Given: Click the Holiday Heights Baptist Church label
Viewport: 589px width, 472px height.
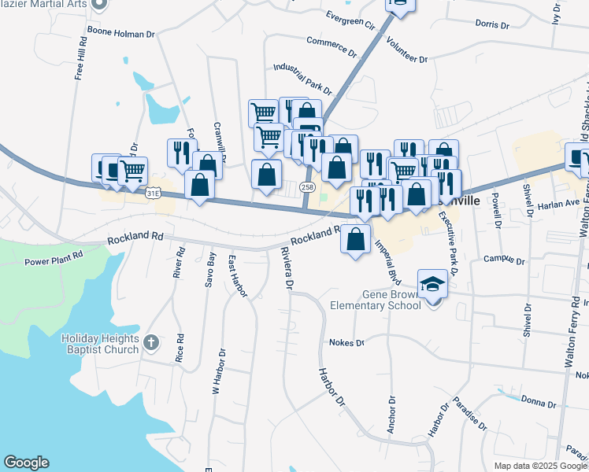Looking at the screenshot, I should (x=100, y=343).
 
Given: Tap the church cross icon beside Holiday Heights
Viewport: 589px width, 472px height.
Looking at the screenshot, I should (x=152, y=342).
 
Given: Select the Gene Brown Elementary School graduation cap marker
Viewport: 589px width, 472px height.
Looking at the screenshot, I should (x=432, y=283).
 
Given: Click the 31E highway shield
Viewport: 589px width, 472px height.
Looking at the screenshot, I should (x=154, y=191).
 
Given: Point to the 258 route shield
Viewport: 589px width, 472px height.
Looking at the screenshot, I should (x=307, y=187).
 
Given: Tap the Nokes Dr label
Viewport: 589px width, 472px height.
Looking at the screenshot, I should (x=349, y=343).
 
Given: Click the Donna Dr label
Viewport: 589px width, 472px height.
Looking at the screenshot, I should (x=539, y=402).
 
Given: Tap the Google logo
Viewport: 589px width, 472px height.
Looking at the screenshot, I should (x=26, y=463).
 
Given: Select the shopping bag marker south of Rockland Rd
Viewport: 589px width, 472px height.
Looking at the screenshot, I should (x=356, y=239).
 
